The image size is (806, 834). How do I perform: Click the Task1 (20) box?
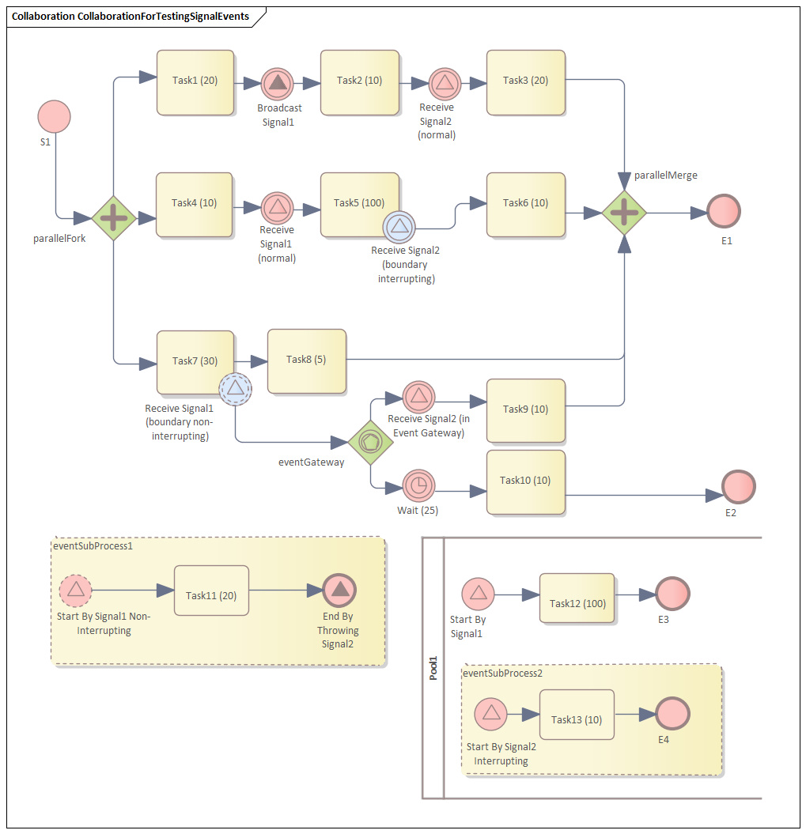pos(195,82)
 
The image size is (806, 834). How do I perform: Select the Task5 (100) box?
pos(359,204)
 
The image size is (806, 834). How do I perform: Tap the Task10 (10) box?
pos(525,482)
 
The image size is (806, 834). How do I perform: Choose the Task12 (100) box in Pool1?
pos(577,598)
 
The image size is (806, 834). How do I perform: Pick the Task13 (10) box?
pos(577,715)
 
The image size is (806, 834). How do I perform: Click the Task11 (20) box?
pos(211,591)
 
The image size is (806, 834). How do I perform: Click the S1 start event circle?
pos(55,116)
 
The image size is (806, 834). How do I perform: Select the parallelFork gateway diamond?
pos(114,218)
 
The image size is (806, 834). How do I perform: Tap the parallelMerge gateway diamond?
pos(624,212)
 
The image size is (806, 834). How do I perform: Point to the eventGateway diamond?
pos(370,443)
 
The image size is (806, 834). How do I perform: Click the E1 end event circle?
pos(723,212)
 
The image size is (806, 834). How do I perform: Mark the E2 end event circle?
pos(739,486)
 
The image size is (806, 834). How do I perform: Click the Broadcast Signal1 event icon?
pos(277,83)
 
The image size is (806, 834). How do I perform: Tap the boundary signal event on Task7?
pos(235,389)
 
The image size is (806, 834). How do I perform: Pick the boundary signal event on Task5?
pos(399,227)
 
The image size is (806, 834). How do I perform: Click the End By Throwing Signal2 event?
pos(339,590)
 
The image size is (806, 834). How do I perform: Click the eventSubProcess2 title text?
pos(502,674)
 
